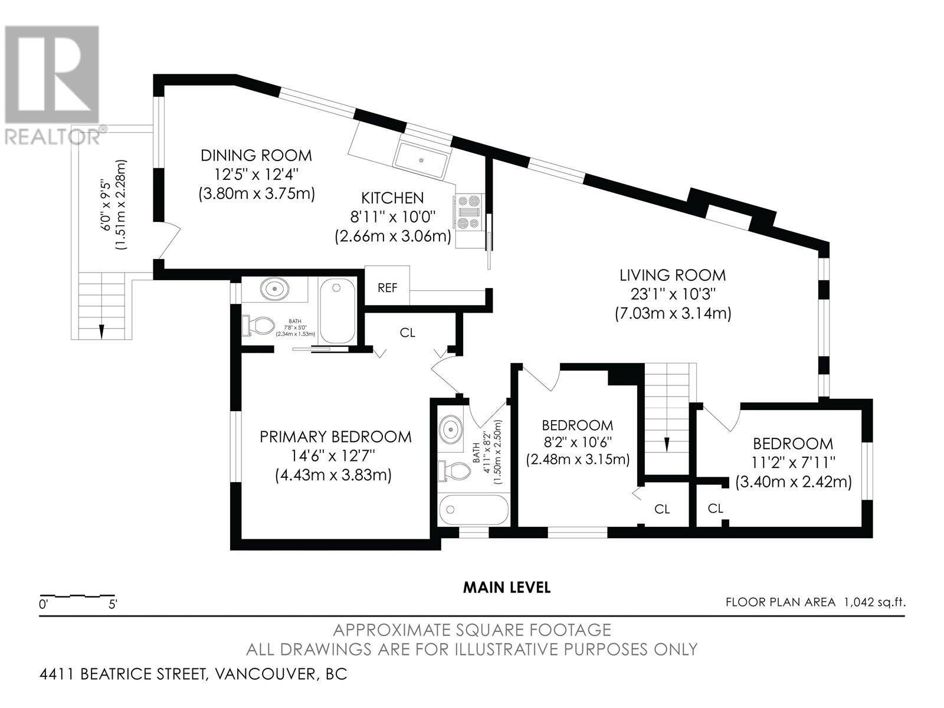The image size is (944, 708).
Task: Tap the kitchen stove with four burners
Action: (x=470, y=211)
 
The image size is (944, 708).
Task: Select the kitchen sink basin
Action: (x=422, y=160)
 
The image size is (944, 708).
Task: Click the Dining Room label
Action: (x=256, y=155)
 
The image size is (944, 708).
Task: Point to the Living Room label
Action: (x=673, y=275)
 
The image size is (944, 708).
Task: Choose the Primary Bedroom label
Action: (x=336, y=437)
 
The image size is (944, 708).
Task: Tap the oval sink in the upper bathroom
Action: (x=275, y=290)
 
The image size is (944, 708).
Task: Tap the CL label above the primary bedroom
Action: (x=407, y=333)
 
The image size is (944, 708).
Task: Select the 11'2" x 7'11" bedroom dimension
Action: (x=794, y=462)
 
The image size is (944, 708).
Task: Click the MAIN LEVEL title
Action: (x=507, y=588)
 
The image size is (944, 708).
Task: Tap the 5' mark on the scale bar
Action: (x=113, y=604)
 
